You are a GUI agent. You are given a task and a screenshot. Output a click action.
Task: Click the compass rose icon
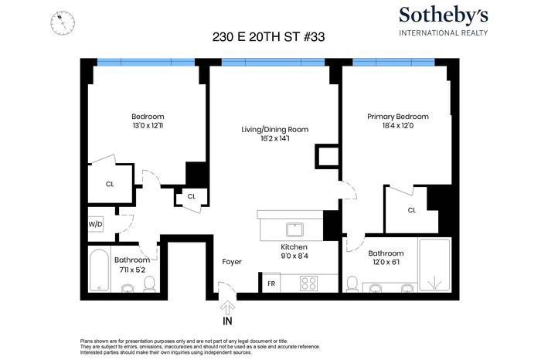(x=63, y=22)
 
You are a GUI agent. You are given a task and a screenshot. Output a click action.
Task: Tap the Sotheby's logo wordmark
(x=444, y=16)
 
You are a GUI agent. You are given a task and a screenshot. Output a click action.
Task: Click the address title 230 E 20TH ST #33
(x=268, y=37)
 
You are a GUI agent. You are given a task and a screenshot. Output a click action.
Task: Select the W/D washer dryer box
(x=96, y=225)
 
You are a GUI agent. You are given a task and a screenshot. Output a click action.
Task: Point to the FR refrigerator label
(x=271, y=284)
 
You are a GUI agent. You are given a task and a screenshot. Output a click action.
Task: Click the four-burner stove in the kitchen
(x=309, y=284)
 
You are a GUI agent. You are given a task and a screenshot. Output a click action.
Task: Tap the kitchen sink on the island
(x=294, y=229)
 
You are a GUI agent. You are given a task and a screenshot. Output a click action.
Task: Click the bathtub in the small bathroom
(x=99, y=270)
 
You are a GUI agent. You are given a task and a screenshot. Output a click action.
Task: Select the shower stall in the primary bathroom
(x=434, y=265)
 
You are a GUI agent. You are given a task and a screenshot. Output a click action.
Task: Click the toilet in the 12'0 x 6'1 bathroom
(x=352, y=284)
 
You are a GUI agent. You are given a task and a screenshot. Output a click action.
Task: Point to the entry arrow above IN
(x=228, y=307)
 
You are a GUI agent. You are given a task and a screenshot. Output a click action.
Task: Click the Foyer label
(x=232, y=262)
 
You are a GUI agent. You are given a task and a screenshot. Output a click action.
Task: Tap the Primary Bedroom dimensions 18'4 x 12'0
(x=398, y=125)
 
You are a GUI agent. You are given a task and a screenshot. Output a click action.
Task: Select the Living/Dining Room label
(x=274, y=130)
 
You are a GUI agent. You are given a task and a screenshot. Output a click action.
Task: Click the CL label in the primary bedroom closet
(x=412, y=210)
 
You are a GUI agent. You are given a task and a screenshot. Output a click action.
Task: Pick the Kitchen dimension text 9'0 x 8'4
(x=294, y=256)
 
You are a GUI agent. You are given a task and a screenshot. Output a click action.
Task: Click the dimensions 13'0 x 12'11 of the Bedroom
(x=148, y=125)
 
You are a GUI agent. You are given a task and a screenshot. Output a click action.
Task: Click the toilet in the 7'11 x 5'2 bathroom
(x=150, y=285)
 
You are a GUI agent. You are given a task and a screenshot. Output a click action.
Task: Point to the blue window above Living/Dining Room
(x=273, y=62)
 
